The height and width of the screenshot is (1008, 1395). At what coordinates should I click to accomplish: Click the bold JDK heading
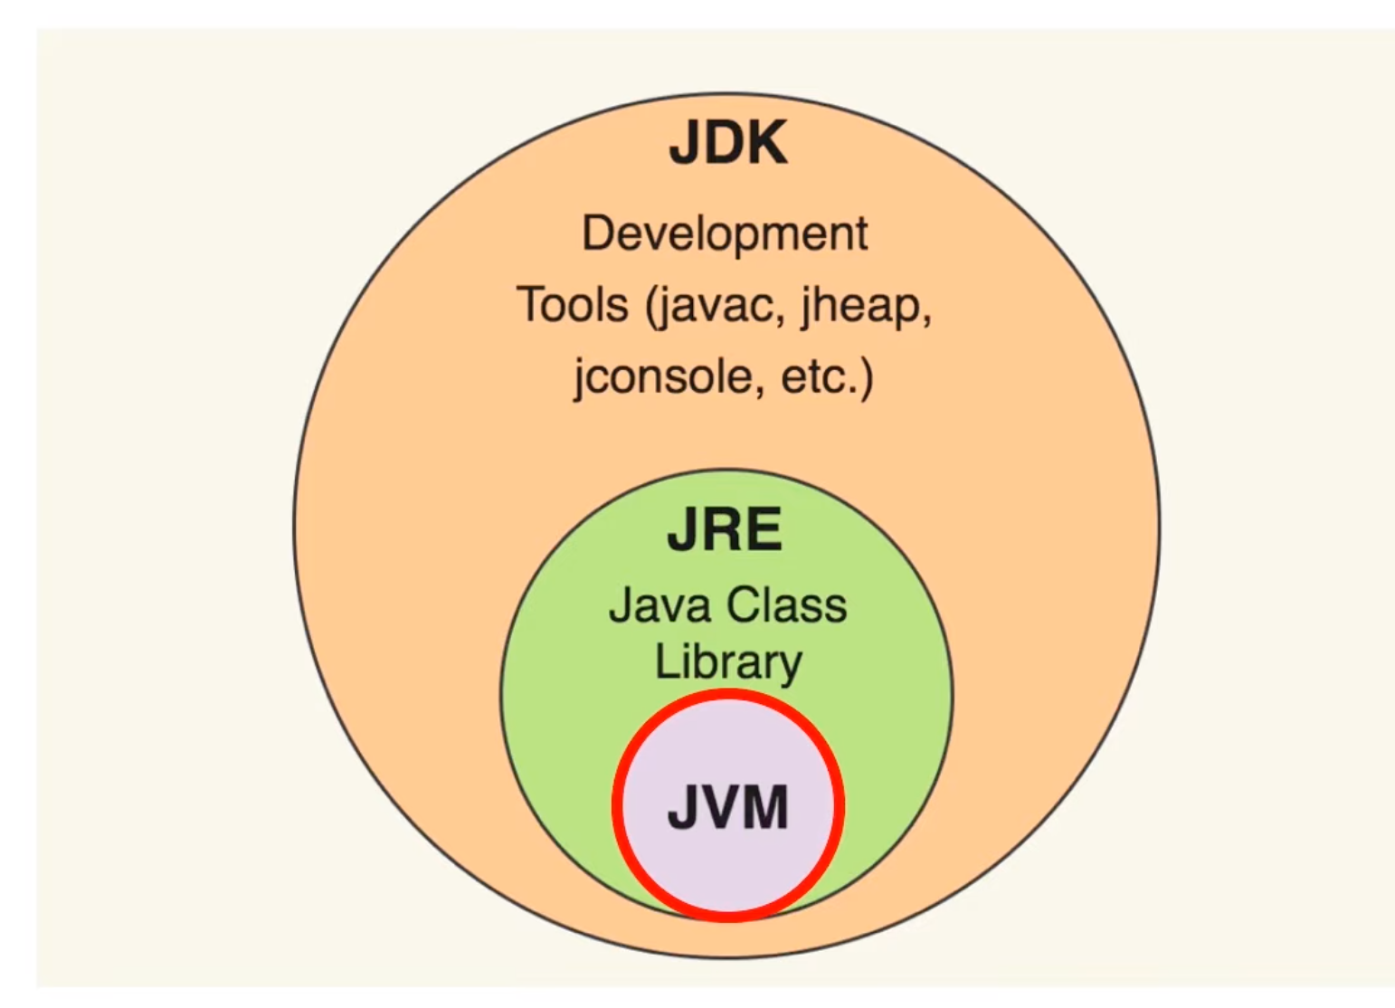click(x=727, y=143)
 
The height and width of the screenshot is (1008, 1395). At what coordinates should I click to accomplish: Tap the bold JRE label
click(x=725, y=530)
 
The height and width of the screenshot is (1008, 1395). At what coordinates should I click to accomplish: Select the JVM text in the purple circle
click(x=727, y=806)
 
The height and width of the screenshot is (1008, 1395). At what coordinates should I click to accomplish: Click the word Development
click(x=725, y=234)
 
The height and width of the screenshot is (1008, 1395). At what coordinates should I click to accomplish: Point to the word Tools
click(x=572, y=305)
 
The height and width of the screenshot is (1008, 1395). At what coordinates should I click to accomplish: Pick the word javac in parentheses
click(x=715, y=307)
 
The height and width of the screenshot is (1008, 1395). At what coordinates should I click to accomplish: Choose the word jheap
click(x=862, y=307)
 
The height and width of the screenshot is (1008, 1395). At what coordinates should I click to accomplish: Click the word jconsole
click(x=662, y=376)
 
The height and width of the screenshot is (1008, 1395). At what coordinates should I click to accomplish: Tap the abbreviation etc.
click(x=820, y=376)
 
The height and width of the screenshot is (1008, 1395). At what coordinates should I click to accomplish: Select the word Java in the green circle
click(x=647, y=605)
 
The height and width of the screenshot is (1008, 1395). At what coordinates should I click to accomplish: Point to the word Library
click(x=728, y=662)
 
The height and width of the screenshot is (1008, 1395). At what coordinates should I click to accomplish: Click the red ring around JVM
click(x=618, y=805)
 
